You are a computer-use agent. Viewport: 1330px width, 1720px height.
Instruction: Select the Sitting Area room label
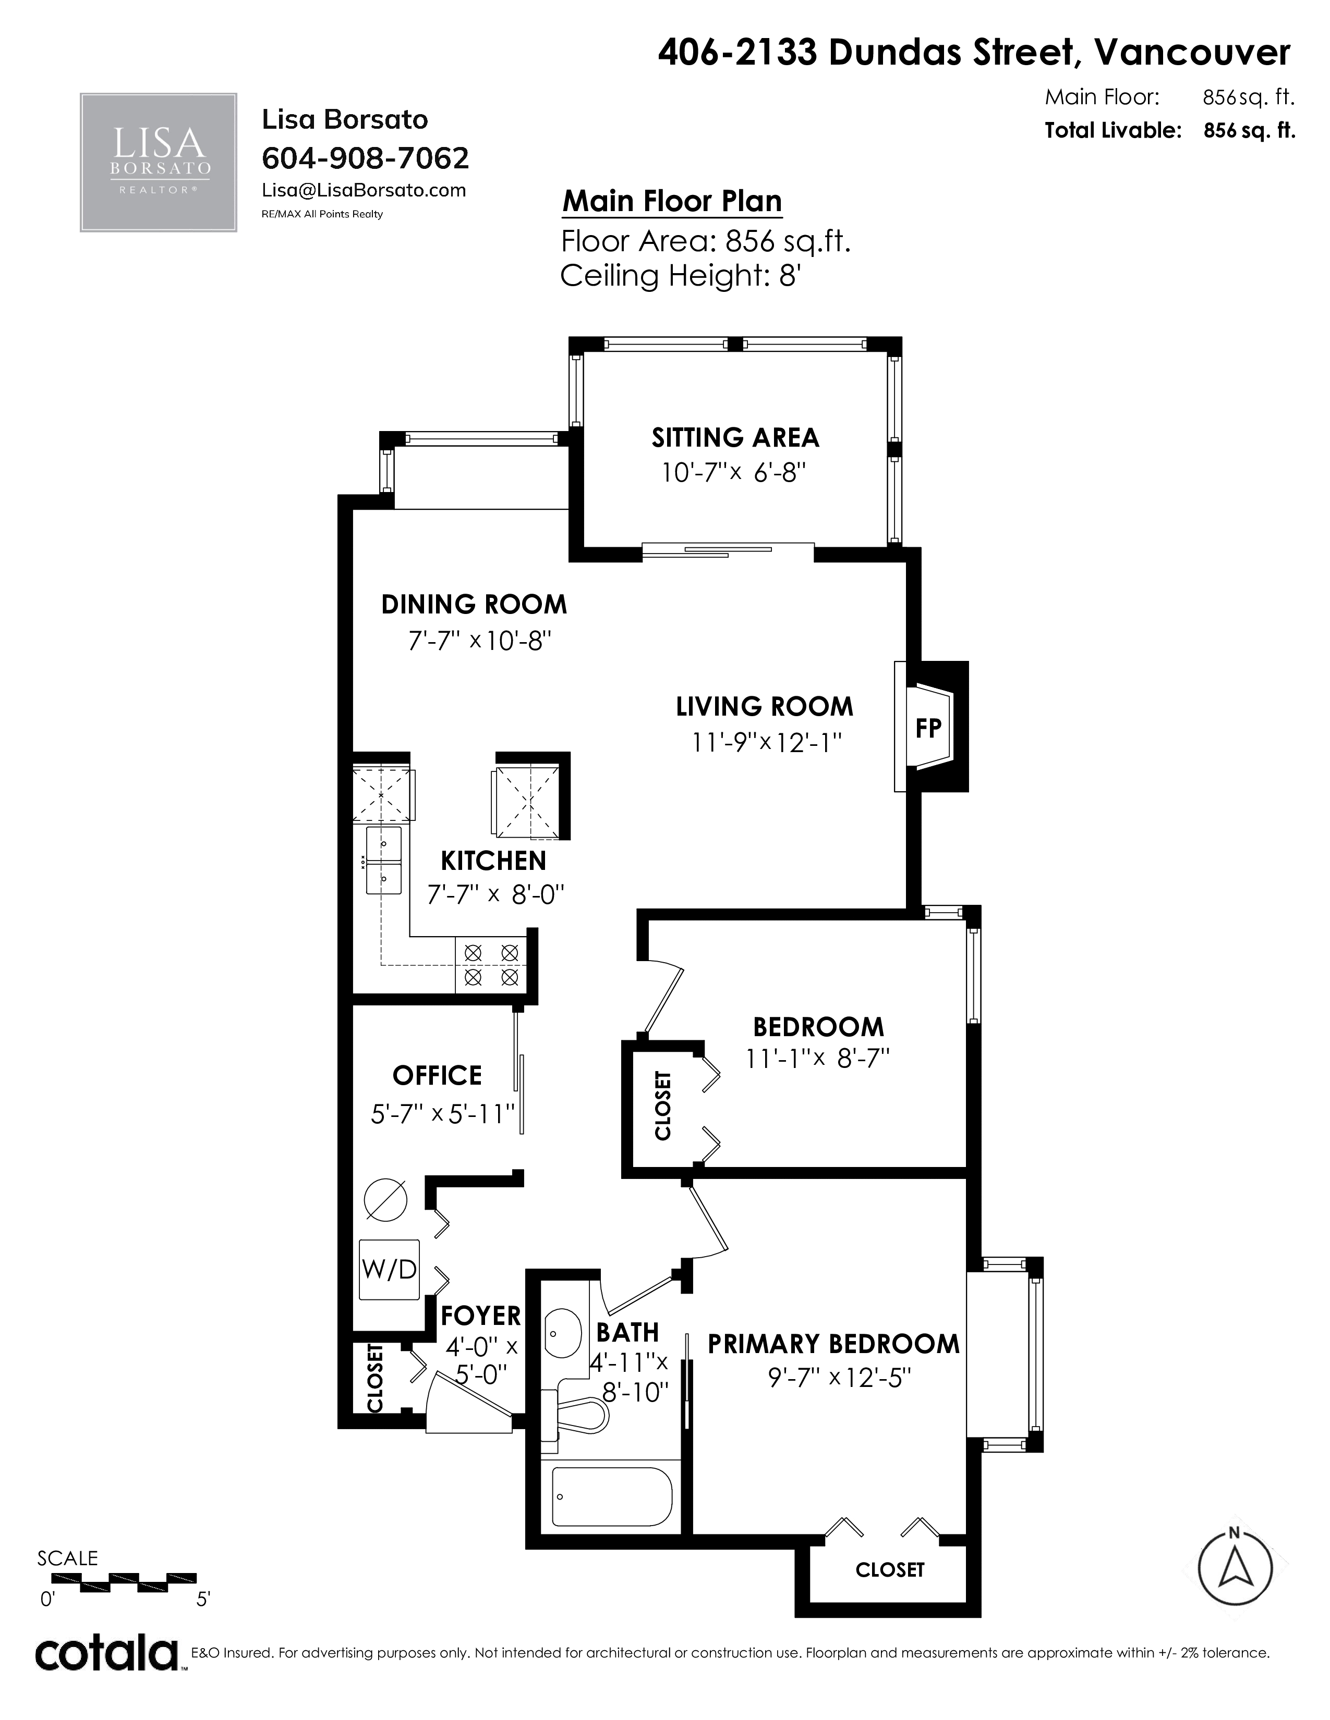[x=735, y=438]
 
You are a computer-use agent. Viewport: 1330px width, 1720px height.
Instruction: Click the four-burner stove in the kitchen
[x=491, y=965]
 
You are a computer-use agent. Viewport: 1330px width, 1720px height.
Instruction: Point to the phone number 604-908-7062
[x=365, y=158]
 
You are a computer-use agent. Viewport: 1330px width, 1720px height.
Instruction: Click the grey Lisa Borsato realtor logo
[x=159, y=162]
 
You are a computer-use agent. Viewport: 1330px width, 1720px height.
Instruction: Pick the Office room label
[x=437, y=1075]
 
